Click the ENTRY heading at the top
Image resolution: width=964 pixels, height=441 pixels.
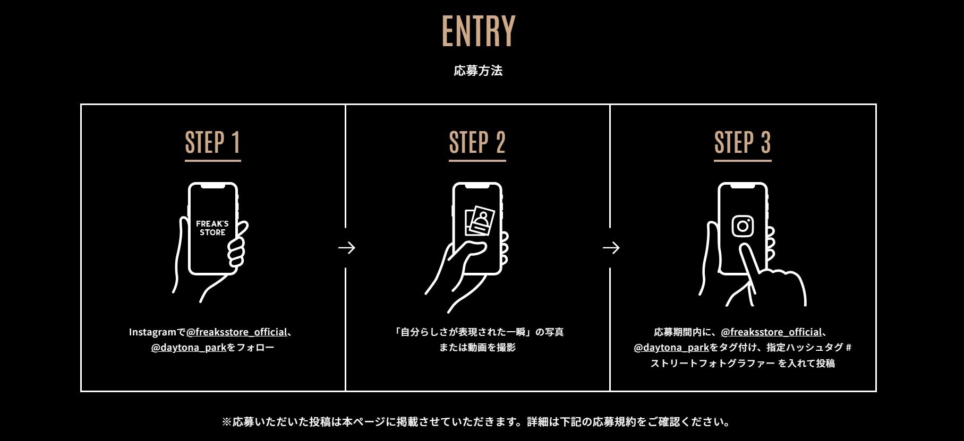(479, 31)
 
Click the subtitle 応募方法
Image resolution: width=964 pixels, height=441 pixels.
(478, 71)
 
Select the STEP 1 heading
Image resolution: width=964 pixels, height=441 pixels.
(212, 143)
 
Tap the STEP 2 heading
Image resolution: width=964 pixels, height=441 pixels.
(477, 143)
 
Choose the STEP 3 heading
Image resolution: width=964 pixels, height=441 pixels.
(742, 143)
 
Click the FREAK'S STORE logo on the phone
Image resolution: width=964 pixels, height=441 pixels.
(212, 228)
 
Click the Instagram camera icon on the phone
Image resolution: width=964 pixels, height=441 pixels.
(743, 226)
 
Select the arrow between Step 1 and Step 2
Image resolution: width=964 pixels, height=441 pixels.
(347, 248)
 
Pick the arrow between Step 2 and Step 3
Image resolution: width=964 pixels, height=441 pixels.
(611, 248)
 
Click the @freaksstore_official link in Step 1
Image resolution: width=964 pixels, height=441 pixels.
(237, 332)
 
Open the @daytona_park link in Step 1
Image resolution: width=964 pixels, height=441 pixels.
(189, 348)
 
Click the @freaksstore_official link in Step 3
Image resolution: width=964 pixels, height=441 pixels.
(771, 332)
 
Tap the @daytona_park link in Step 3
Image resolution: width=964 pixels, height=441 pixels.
(671, 348)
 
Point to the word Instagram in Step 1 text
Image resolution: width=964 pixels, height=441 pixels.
(152, 332)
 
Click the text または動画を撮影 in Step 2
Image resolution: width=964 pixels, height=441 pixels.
(477, 348)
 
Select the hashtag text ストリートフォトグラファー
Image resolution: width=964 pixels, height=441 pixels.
(712, 364)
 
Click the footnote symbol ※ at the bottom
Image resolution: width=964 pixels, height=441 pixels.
(227, 422)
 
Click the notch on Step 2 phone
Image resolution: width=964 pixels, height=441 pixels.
(477, 186)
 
